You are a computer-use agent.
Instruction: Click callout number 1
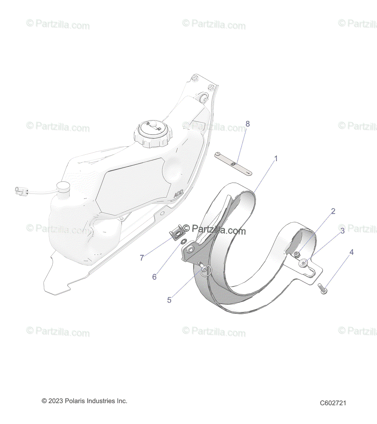[x=276, y=159]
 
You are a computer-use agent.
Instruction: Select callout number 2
[x=333, y=211]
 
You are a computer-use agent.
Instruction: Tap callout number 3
[x=342, y=231]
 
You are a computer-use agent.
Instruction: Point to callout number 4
[x=351, y=252]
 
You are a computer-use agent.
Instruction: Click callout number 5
[x=169, y=300]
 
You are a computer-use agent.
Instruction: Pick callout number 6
[x=154, y=277]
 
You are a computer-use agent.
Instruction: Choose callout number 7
[x=142, y=258]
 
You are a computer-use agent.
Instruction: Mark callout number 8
[x=248, y=124]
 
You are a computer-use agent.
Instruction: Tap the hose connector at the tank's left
[x=21, y=191]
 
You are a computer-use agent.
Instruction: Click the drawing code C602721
[x=333, y=403]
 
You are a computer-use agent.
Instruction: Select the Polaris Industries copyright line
[x=85, y=401]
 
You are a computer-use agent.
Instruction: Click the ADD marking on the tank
[x=178, y=195]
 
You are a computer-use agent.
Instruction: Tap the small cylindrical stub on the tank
[x=64, y=188]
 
